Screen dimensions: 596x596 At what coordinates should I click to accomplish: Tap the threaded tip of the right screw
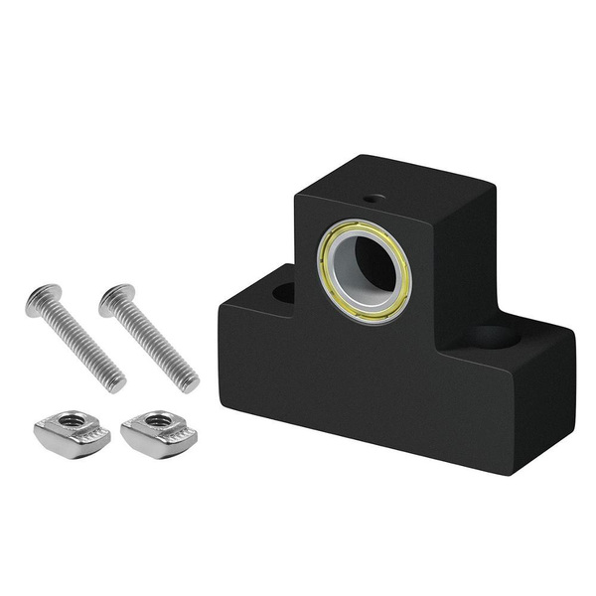[190, 382]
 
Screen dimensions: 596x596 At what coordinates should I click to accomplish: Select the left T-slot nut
[67, 428]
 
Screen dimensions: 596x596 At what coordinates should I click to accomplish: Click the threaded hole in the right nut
[156, 420]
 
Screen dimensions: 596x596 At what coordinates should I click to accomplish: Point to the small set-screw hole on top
[373, 199]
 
